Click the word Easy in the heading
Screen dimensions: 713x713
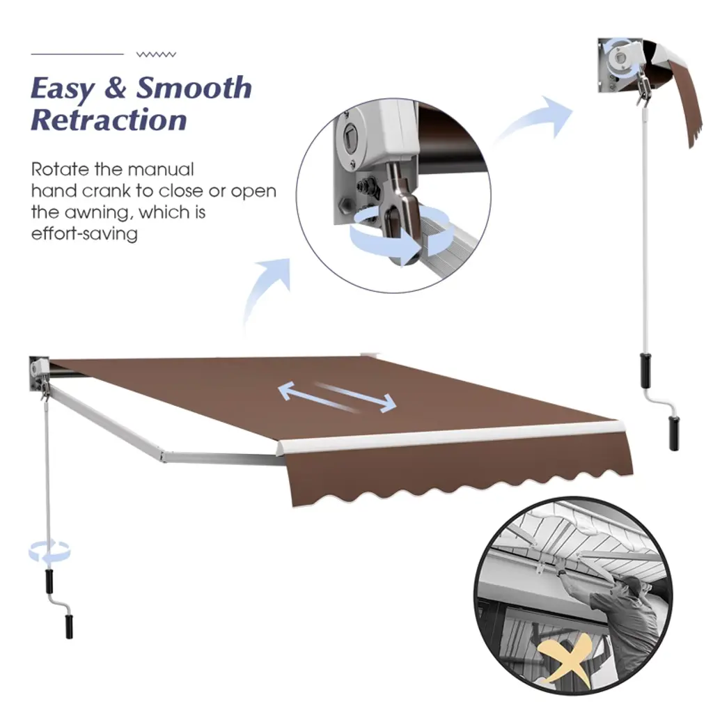coord(63,88)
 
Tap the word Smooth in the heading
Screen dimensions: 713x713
coord(194,87)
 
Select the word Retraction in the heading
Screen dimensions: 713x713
coord(109,120)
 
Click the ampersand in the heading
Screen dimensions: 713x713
coord(116,88)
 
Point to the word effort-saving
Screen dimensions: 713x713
coord(84,234)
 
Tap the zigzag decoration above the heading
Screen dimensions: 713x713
coord(156,54)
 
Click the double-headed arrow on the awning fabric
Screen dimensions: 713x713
coord(337,396)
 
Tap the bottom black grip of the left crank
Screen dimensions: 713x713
coord(69,627)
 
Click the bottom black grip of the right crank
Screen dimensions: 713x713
coord(674,432)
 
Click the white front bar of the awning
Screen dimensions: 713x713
coord(451,437)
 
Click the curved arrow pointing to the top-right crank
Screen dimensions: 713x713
coord(535,119)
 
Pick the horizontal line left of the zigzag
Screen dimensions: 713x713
coord(77,54)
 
